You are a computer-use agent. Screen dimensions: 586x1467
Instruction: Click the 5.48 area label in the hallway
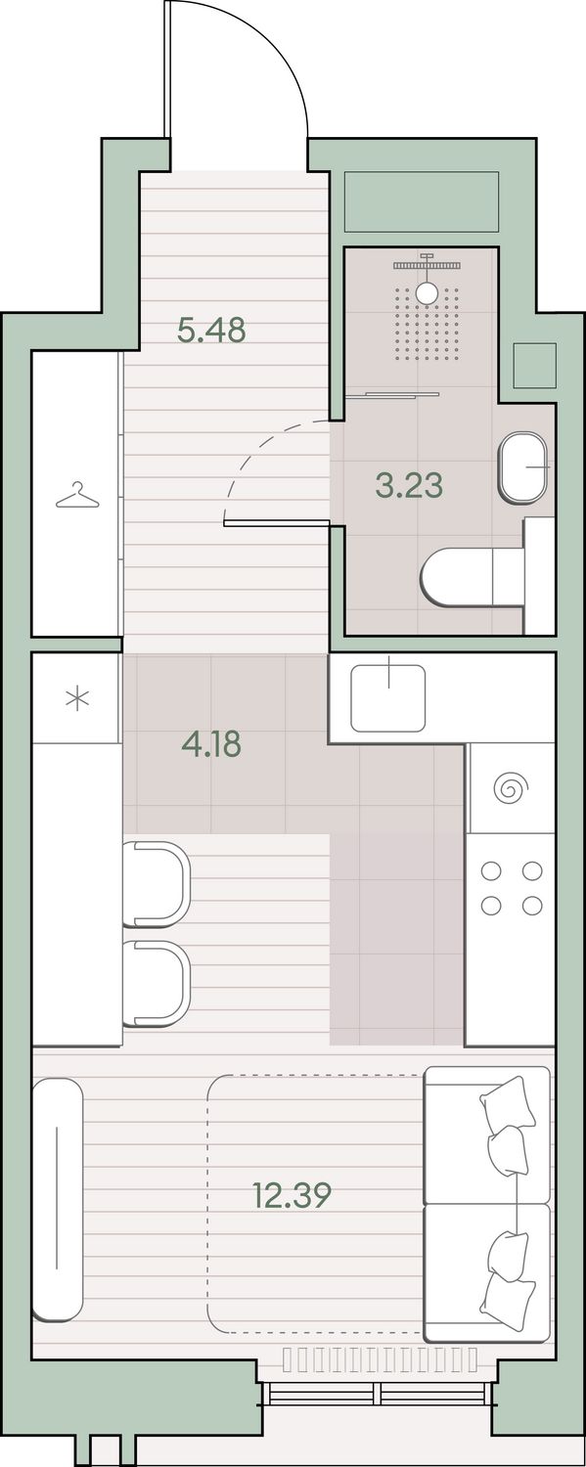point(211,331)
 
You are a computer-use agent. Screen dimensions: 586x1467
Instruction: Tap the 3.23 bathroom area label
point(409,485)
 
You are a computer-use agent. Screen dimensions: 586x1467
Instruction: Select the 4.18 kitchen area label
point(211,744)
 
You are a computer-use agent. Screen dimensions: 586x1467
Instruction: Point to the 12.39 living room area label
point(292,1195)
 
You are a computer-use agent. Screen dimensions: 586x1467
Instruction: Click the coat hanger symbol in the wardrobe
point(77,496)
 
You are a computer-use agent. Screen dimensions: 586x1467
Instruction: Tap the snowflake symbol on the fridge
point(77,699)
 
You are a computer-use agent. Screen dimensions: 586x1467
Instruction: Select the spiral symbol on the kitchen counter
point(510,788)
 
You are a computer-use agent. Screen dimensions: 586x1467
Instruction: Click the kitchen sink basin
point(388,698)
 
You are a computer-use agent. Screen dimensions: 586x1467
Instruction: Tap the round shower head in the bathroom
point(427,292)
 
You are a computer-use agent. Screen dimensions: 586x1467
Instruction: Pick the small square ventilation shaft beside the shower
point(535,366)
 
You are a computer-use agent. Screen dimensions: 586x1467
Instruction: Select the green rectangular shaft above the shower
point(422,201)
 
